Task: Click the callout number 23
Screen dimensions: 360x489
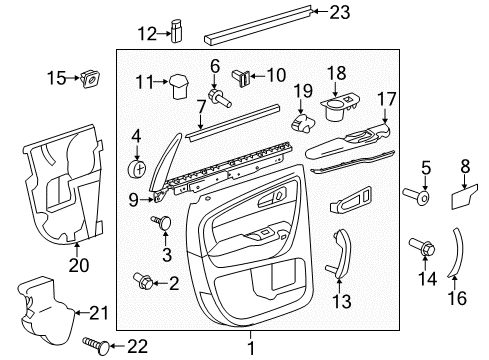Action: click(314, 12)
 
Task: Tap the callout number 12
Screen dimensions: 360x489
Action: click(146, 33)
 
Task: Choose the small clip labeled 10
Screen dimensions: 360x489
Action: click(240, 74)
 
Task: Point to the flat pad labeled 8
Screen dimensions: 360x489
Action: click(463, 200)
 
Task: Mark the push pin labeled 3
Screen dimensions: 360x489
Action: click(163, 223)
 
